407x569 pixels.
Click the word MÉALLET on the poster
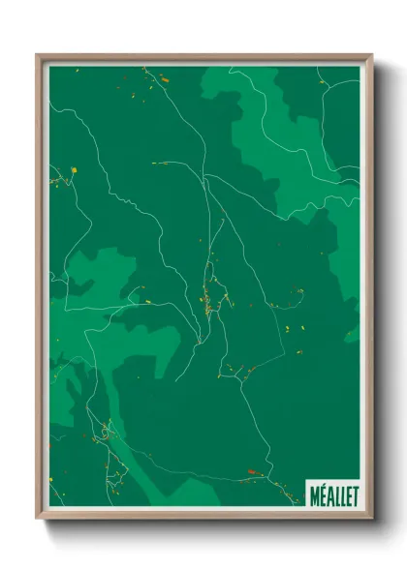click(x=333, y=494)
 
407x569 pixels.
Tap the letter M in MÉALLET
click(x=315, y=494)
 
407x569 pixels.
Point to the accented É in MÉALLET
click(x=323, y=494)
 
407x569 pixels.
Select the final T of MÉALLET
click(x=354, y=494)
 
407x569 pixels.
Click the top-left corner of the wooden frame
click(x=38, y=56)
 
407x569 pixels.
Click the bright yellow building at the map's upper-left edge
click(x=74, y=170)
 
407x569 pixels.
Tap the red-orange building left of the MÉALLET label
click(x=254, y=472)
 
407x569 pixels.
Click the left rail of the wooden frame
click(x=41, y=290)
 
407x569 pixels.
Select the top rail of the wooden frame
click(x=203, y=59)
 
